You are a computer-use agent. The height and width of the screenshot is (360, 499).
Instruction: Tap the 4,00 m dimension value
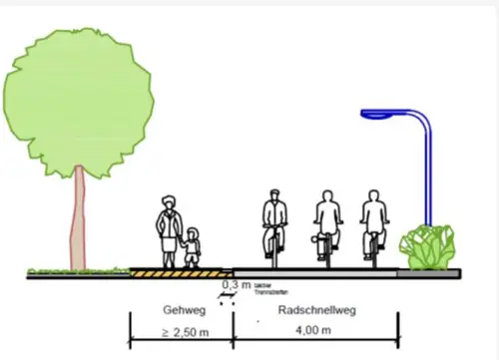pyautogui.click(x=315, y=330)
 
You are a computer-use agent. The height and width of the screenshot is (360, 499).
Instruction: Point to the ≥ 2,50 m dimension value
pyautogui.click(x=185, y=330)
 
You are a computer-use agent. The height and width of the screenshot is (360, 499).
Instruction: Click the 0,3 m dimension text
pyautogui.click(x=237, y=285)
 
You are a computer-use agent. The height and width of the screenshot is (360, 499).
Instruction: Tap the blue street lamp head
pyautogui.click(x=377, y=115)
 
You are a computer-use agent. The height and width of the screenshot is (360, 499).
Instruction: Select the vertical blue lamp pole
pyautogui.click(x=428, y=175)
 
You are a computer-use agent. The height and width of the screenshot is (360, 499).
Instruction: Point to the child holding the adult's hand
pyautogui.click(x=192, y=246)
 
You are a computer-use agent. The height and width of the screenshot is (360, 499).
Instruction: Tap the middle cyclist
pyautogui.click(x=325, y=224)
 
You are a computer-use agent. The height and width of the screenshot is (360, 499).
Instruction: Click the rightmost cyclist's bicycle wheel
pyautogui.click(x=374, y=250)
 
